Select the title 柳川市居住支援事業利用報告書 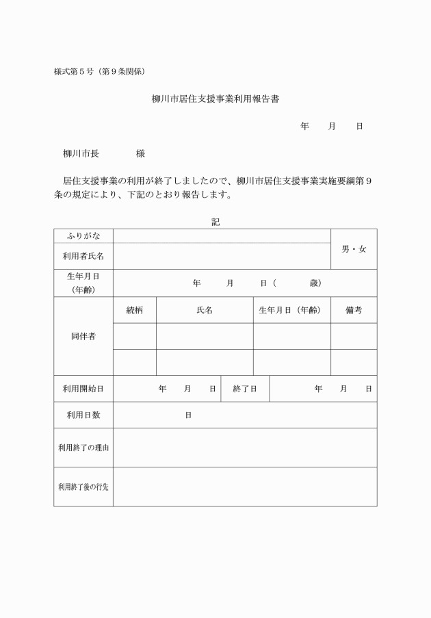point(215,99)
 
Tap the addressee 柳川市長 point(81,153)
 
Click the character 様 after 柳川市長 point(140,153)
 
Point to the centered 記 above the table point(215,222)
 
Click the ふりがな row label point(83,235)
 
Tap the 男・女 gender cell point(354,248)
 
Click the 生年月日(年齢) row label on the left point(83,283)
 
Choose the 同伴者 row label point(83,336)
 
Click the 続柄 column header point(135,310)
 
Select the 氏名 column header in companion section point(205,310)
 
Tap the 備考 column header point(354,310)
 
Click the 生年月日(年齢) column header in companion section point(291,310)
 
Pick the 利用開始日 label point(83,389)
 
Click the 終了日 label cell point(245,389)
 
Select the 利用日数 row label point(83,415)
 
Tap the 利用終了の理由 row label point(83,448)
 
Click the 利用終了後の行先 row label point(83,487)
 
